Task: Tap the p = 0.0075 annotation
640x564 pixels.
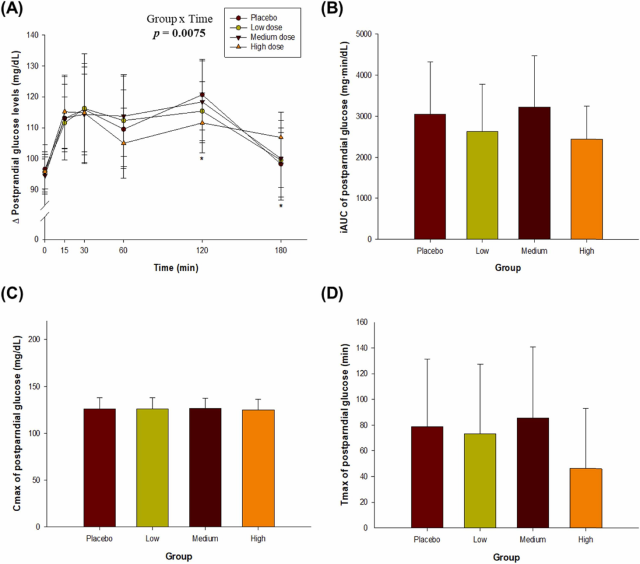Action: (179, 34)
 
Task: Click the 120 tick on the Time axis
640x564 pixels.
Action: (202, 250)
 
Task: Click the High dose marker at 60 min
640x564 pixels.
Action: (123, 143)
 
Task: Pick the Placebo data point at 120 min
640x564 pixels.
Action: (202, 95)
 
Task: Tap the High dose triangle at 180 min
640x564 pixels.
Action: (281, 137)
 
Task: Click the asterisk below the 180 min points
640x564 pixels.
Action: (281, 207)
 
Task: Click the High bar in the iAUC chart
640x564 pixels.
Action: (588, 189)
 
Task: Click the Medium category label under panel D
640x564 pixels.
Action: (533, 540)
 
